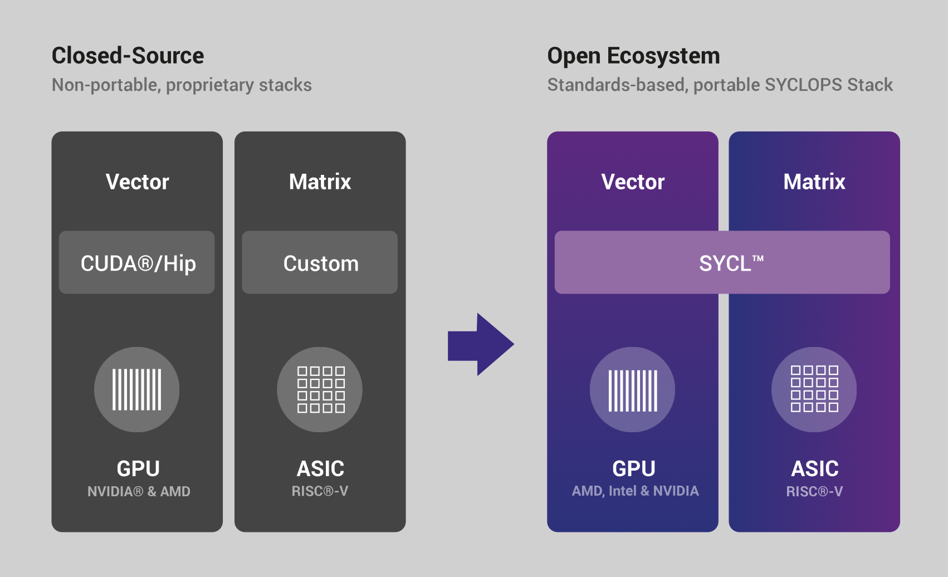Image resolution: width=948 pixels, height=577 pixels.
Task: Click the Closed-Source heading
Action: pos(128,56)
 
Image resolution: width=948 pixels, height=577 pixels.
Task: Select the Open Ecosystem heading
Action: pos(633,56)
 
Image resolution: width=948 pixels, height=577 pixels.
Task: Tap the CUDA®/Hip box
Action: pos(137,263)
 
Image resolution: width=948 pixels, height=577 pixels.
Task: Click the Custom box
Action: pos(320,263)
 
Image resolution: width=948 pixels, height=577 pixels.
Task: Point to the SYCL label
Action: pos(730,263)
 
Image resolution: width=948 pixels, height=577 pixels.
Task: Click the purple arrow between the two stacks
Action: pos(481,344)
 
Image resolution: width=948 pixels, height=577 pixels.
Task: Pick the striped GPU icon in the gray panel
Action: pos(137,389)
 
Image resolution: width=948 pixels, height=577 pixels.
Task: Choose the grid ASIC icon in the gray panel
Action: pos(320,389)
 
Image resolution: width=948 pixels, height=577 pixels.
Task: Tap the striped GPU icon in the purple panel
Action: pos(633,389)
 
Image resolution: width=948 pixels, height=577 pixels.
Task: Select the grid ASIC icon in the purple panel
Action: pos(814,389)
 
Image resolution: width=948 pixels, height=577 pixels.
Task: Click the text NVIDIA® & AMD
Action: pos(139,491)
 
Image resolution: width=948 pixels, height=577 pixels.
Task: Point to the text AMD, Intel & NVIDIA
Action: pos(635,491)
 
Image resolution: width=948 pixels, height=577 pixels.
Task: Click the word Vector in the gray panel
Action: pos(137,182)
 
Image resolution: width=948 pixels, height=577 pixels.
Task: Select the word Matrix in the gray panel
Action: pos(320,182)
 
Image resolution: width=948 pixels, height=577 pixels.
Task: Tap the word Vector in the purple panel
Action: pos(633,182)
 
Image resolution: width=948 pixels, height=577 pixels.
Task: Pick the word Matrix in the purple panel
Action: pos(814,182)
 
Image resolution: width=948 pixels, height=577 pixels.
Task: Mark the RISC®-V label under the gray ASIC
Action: pos(320,491)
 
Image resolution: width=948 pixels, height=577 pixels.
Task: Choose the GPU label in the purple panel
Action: pos(634,468)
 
